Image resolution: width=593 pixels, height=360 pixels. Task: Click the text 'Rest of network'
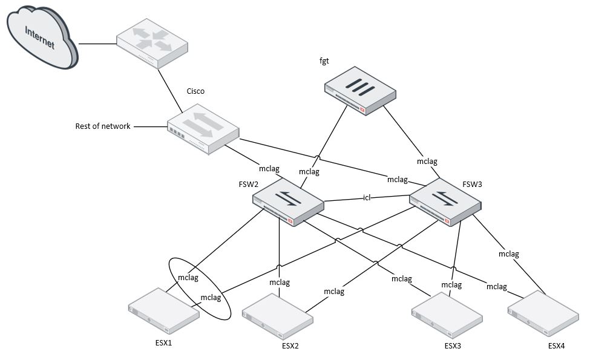pos(102,126)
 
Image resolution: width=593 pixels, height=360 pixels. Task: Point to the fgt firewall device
pos(359,91)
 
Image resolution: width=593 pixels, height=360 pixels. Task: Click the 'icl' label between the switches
pos(366,197)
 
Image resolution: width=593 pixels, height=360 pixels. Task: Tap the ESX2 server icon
pos(278,315)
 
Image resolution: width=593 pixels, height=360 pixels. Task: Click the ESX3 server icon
pos(447,315)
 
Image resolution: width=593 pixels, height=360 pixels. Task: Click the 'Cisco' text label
pos(195,91)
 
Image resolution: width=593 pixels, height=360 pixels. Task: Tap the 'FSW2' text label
pos(249,183)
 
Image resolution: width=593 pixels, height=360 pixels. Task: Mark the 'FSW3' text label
pos(473,184)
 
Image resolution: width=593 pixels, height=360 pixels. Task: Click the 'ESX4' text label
pos(557,346)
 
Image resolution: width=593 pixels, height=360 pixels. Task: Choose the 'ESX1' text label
pos(163,342)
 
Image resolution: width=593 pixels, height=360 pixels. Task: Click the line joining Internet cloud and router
pos(97,44)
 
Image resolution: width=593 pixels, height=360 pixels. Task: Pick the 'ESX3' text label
pos(453,346)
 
